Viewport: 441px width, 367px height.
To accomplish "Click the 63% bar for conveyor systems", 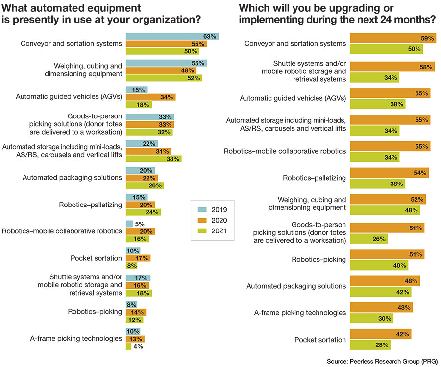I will [172, 36].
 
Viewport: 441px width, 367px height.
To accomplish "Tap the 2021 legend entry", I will [212, 231].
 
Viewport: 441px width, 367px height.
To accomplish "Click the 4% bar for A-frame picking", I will [128, 346].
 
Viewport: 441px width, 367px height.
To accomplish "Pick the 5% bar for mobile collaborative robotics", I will [129, 224].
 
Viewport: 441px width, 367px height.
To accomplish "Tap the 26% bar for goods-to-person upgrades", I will [368, 239].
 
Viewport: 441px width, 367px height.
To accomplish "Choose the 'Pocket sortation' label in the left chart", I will [97, 257].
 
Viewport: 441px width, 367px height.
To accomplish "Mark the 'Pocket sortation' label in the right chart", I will [320, 339].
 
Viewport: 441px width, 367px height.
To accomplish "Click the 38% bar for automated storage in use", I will [153, 159].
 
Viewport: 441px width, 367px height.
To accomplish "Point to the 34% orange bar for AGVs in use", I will [150, 97].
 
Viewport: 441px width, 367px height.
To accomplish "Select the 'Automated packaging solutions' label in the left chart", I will [72, 177].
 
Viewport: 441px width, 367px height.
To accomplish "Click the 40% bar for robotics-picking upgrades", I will [379, 266].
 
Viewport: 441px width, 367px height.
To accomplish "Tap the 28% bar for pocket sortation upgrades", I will [371, 345].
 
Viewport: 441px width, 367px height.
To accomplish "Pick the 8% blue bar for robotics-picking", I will [131, 304].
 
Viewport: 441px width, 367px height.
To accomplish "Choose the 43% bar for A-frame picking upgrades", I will [381, 307].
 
